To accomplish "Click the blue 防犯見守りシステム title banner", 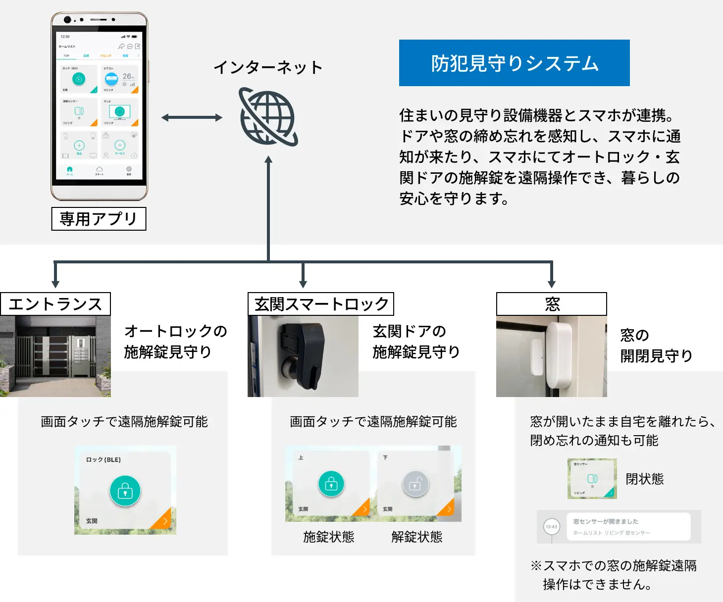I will [x=514, y=63].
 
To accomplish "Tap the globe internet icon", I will [x=268, y=117].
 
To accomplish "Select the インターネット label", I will [x=268, y=67].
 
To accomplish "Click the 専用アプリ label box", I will [x=99, y=219].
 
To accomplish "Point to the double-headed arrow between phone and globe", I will [x=192, y=117].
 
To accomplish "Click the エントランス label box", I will [x=55, y=304].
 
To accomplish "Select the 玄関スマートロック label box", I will [x=321, y=304].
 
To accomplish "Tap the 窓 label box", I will [x=552, y=304].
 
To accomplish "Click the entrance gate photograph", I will [x=55, y=356].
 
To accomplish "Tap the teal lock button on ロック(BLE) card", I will [x=125, y=491].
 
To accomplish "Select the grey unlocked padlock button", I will [x=415, y=484].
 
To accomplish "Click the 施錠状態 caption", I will [x=329, y=537].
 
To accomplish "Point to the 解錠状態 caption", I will [x=416, y=537].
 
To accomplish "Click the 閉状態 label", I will [x=644, y=479].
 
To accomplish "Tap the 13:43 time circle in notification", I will [x=551, y=527].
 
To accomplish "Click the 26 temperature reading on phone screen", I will [x=127, y=76].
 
